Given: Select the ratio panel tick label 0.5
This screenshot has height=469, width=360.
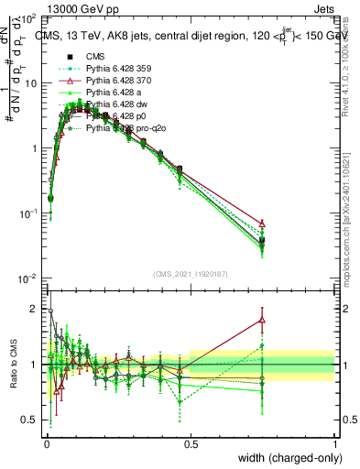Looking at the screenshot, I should click(31, 420).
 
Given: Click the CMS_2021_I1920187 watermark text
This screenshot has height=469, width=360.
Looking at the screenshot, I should click(190, 275).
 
